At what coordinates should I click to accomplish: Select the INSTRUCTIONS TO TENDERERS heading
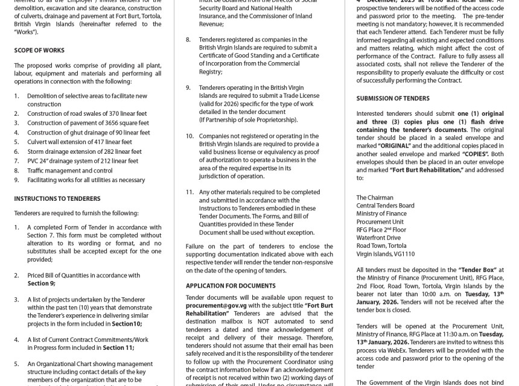[x=57, y=198]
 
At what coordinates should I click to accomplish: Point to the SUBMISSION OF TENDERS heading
[x=393, y=98]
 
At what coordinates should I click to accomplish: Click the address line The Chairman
[x=375, y=197]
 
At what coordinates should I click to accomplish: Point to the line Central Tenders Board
[x=386, y=205]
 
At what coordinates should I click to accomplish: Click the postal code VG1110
[x=404, y=254]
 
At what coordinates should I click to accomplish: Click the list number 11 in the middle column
[x=189, y=192]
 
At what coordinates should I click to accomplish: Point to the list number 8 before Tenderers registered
[x=188, y=39]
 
